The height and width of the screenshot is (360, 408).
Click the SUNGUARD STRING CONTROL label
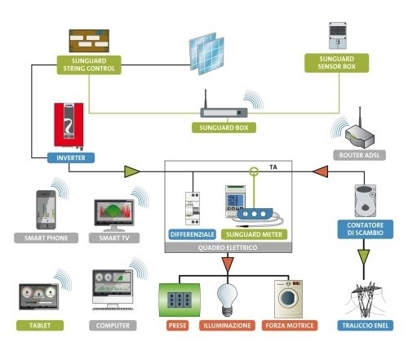point(89,64)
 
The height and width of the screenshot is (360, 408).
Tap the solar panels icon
point(206,54)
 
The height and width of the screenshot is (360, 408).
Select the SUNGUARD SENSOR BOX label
point(336,63)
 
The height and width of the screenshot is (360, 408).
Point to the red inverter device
point(69,126)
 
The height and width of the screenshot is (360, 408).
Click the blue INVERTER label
point(71,158)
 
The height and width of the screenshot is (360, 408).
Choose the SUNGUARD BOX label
point(224,127)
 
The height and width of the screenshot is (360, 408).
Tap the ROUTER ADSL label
point(359,155)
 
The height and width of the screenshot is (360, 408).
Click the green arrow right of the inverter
point(132,171)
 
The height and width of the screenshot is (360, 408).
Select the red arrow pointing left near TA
point(320,171)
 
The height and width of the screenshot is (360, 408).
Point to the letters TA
point(273,167)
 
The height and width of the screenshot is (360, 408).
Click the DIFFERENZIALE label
point(193,234)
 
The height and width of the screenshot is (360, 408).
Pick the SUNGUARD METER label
point(254,234)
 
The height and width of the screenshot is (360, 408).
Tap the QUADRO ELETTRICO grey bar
point(228,247)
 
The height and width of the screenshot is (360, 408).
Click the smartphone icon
point(46,210)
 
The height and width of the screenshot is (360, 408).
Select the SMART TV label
point(114,238)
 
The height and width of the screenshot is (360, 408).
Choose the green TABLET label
point(40,326)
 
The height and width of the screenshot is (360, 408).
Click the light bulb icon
point(227,300)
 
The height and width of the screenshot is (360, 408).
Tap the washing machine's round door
point(288,298)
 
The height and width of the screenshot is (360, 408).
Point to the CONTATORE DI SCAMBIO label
point(366,229)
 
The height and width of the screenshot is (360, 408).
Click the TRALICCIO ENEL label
point(366,326)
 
